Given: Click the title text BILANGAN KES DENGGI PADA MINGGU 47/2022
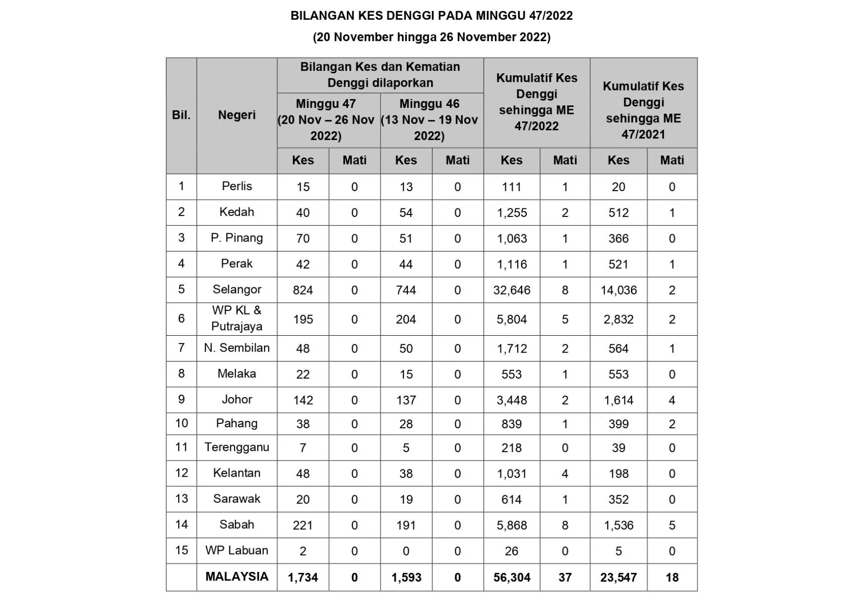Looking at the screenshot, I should coord(432,16).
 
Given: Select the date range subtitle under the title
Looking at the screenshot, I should coord(432,37).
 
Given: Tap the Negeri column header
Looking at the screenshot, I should coord(237,115).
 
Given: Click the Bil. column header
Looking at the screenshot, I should coord(181,115).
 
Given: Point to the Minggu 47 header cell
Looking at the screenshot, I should coord(326,120).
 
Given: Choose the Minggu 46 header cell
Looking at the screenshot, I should coord(429,120).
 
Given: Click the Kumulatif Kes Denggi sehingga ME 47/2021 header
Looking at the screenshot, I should coord(643,110).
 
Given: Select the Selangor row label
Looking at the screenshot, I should coord(237,289).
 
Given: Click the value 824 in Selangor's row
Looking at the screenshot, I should coord(303,290).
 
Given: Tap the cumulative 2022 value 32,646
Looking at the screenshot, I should coord(512,290).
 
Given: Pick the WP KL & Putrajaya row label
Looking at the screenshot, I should coord(237,318).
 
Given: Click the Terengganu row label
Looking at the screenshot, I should coord(237,447).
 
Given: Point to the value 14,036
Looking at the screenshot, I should coord(619,290).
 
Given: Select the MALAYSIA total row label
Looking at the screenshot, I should coord(237,576).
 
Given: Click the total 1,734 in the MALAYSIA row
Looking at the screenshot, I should coord(303,577).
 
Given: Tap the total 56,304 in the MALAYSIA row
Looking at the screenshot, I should coord(512,577).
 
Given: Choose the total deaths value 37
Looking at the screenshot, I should coord(565,577).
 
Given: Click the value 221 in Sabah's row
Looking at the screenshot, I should coord(303,525).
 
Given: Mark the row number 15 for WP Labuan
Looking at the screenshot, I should coord(181,550).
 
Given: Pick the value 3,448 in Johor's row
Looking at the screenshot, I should coord(512,400).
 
